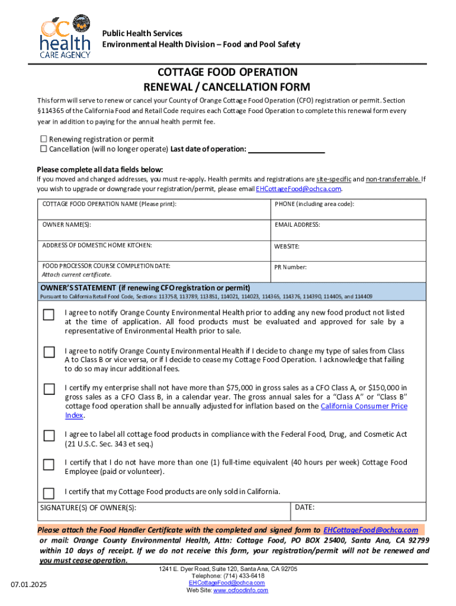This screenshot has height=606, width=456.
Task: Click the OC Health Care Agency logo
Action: click(x=65, y=37)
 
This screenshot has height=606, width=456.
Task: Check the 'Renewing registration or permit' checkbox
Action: click(x=43, y=139)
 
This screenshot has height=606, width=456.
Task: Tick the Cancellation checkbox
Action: click(x=43, y=149)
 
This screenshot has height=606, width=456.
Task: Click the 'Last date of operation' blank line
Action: click(x=286, y=149)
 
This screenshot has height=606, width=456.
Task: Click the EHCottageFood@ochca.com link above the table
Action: click(x=298, y=189)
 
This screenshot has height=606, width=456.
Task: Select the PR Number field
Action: click(x=348, y=271)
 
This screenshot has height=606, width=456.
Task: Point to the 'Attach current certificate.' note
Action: click(x=76, y=275)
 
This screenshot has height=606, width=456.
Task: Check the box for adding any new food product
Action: click(x=49, y=315)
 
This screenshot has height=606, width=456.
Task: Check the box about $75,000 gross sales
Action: click(x=49, y=389)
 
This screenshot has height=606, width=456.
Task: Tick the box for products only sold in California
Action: click(x=49, y=493)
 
